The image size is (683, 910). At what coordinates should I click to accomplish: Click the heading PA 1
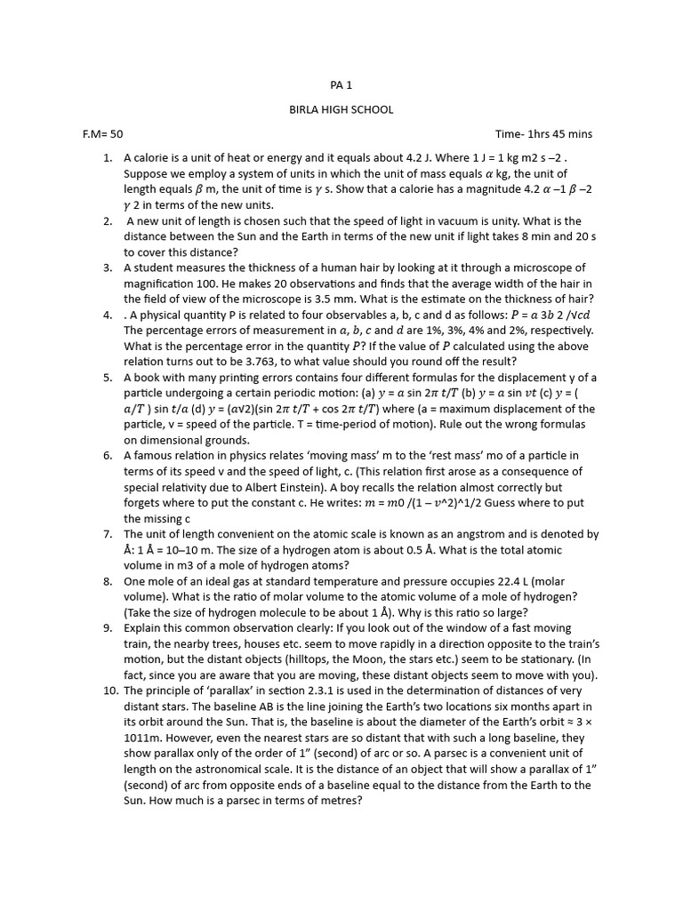coord(341,85)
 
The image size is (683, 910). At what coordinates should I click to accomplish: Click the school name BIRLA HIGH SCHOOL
coord(341,110)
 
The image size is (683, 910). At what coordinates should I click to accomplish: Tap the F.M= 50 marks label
coord(102,134)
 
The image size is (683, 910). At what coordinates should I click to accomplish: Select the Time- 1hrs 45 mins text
coord(543,134)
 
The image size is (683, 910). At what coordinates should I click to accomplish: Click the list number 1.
coord(107,158)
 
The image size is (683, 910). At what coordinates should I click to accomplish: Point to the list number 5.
coord(107,378)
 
